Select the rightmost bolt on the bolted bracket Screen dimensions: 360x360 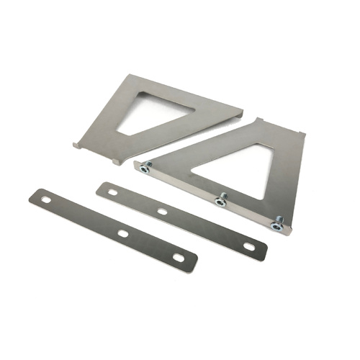pos(276,225)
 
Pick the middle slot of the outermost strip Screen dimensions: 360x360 pos(122,233)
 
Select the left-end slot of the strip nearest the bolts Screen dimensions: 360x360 pos(112,192)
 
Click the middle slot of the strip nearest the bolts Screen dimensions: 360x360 pos(163,212)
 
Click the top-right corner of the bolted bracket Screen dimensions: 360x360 pos(301,134)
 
